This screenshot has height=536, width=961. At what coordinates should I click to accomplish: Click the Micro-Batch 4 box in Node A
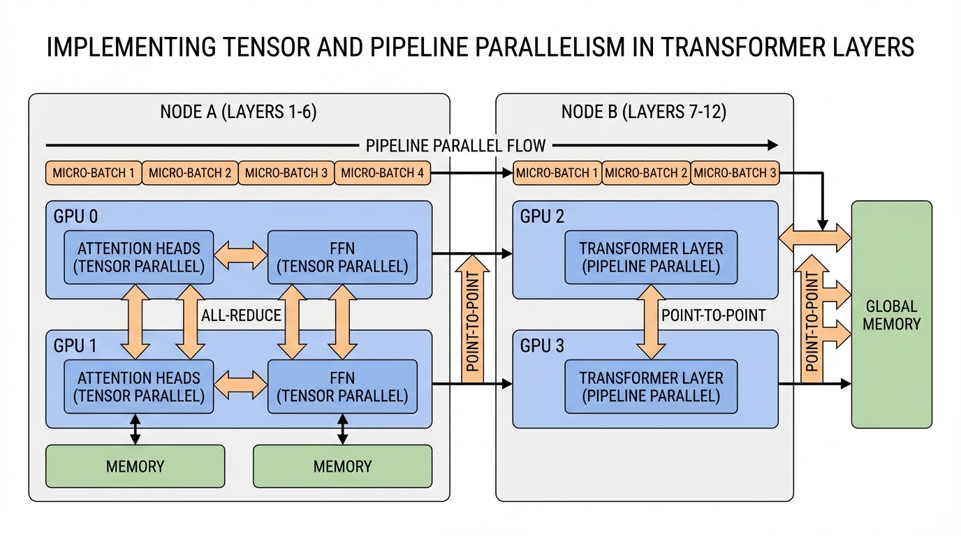382,173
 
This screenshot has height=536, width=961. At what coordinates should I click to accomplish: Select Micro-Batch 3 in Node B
735,173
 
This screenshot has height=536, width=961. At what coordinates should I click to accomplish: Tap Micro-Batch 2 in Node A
190,173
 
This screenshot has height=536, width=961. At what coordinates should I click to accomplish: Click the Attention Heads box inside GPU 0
139,258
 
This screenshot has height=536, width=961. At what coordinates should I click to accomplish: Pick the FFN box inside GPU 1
342,387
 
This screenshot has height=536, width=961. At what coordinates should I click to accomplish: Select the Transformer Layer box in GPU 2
651,258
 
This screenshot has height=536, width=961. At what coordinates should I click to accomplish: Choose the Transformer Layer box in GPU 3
651,387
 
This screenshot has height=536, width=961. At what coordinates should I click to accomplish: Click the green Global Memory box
891,314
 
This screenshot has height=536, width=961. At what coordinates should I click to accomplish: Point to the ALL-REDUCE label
241,315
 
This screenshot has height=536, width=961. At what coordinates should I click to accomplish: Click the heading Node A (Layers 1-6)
238,112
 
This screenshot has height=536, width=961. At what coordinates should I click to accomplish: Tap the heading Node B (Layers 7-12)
644,112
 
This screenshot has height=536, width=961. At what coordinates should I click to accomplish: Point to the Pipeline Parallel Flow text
455,145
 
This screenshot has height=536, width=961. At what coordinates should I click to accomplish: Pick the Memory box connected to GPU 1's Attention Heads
135,466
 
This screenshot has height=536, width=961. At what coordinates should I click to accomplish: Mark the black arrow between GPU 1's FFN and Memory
342,429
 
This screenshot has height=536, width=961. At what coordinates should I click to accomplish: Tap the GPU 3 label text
541,346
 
